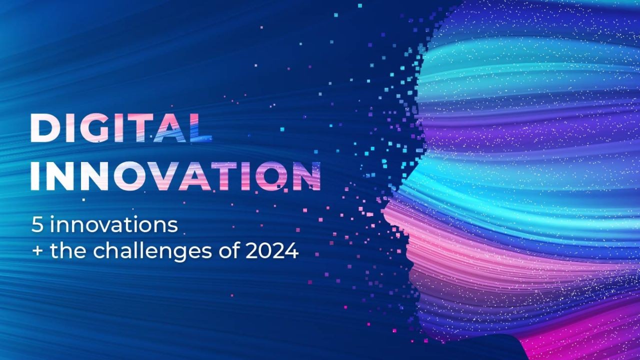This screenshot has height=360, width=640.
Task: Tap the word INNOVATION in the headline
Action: coord(175,176)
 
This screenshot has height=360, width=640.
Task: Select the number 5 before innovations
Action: coord(37,225)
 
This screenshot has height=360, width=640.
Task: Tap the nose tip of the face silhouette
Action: coord(384,209)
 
